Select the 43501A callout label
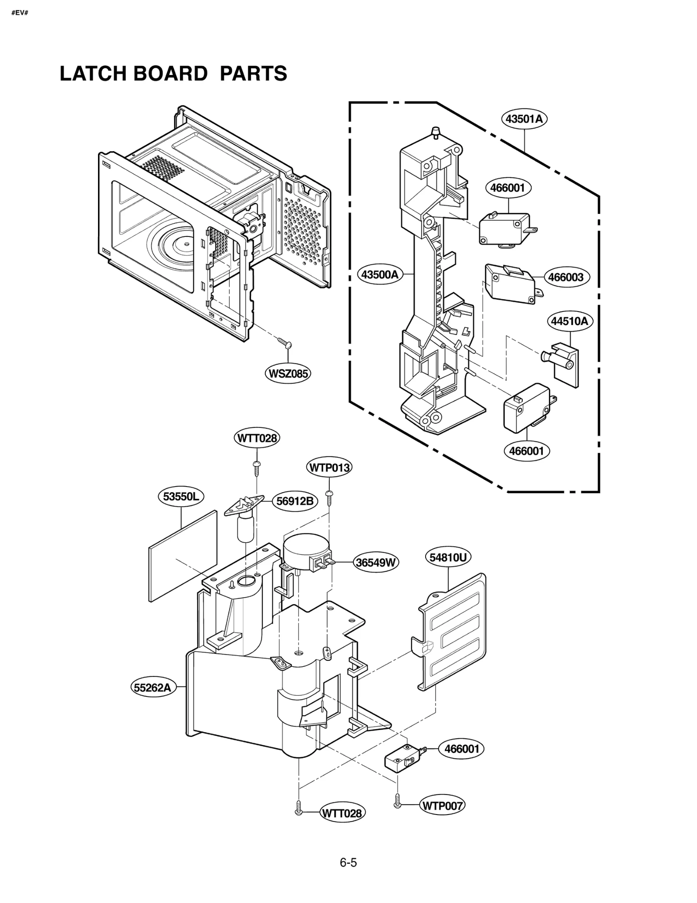[x=524, y=119]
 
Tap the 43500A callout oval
[x=380, y=275]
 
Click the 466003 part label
[x=566, y=277]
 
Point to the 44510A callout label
[x=569, y=321]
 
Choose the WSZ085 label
[x=288, y=373]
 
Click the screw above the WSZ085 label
[x=285, y=344]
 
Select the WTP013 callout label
[x=329, y=468]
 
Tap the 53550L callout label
[x=180, y=497]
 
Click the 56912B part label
[x=295, y=501]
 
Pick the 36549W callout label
[x=376, y=562]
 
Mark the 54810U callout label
[x=448, y=558]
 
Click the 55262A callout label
[x=152, y=688]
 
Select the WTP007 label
[x=442, y=806]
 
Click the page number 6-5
[x=348, y=862]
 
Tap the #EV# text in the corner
[x=20, y=13]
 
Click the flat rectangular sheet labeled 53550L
[x=183, y=557]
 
